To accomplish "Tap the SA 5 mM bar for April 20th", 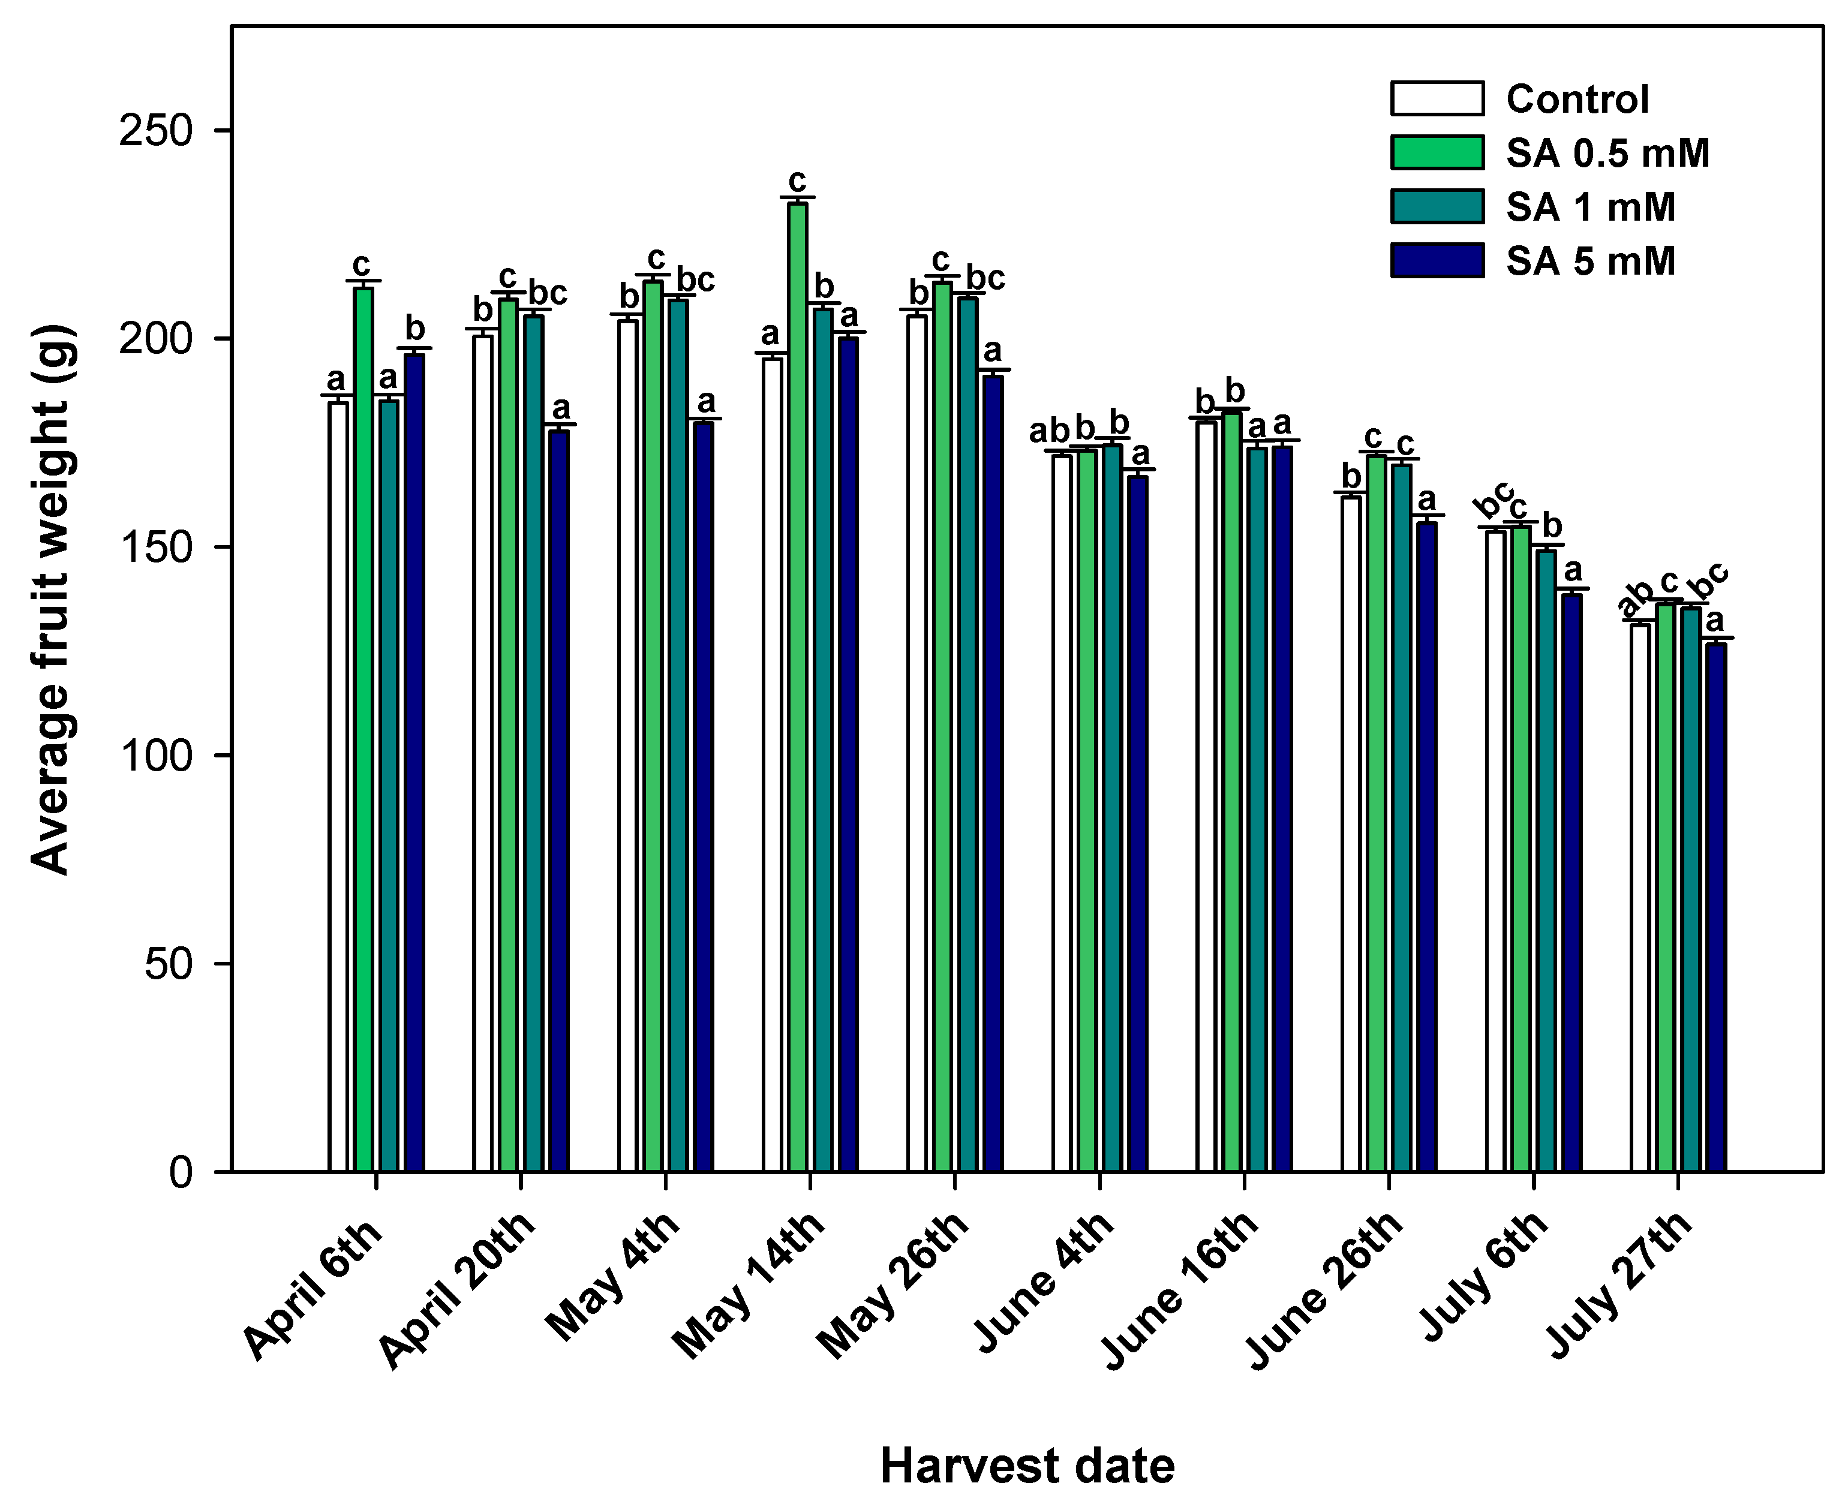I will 558,800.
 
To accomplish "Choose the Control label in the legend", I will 1576,99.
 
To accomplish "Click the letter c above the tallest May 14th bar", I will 797,181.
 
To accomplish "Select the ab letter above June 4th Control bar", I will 1048,431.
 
